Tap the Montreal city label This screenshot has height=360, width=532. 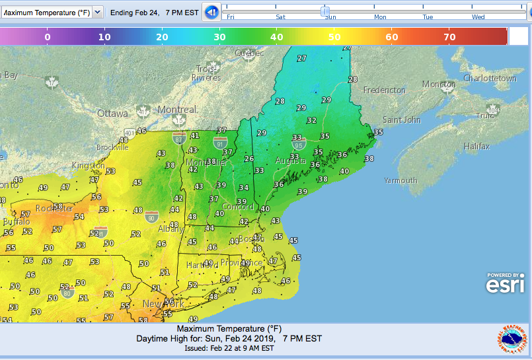(x=177, y=110)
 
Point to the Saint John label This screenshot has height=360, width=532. (x=402, y=120)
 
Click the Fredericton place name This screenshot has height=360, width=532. (x=385, y=90)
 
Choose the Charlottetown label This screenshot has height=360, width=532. (x=490, y=78)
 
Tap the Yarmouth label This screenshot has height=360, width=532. (x=400, y=180)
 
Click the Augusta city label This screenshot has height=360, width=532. (x=290, y=161)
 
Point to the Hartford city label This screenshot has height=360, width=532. (x=202, y=264)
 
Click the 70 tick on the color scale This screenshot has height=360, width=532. (x=449, y=37)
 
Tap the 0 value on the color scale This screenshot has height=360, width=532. (x=48, y=37)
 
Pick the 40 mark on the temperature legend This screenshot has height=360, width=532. (x=277, y=37)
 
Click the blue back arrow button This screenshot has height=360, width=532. (x=211, y=12)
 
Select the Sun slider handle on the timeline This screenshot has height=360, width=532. (x=325, y=11)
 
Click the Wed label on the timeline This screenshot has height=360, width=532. (x=478, y=17)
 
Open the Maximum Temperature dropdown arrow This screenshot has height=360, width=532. (x=98, y=12)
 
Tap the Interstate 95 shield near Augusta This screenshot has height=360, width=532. (x=299, y=144)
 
